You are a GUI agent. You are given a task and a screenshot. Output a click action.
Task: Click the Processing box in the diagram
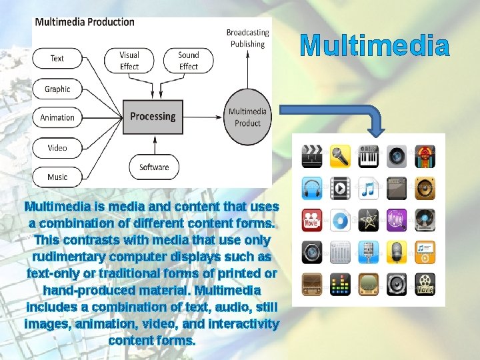(x=153, y=117)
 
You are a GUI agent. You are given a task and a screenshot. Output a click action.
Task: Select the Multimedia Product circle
(x=247, y=117)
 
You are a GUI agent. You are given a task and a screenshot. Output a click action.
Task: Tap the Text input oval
(x=57, y=59)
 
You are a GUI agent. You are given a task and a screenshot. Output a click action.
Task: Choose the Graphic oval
(x=57, y=89)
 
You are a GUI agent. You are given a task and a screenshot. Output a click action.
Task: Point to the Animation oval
(x=57, y=117)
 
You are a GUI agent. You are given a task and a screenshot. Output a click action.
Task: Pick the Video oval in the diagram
(x=57, y=147)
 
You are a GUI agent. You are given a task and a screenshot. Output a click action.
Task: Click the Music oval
(x=57, y=177)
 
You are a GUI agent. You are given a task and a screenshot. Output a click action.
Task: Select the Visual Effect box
(x=129, y=61)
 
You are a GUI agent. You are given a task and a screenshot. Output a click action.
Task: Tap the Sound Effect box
(x=189, y=61)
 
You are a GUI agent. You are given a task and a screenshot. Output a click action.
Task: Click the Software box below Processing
(x=154, y=167)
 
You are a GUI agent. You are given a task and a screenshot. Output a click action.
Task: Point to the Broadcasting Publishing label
(x=247, y=38)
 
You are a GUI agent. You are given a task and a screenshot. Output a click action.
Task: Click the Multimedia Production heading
(x=85, y=21)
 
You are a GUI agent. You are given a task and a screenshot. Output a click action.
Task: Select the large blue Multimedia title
(x=375, y=46)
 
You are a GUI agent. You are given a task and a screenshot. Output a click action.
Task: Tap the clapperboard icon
(x=312, y=157)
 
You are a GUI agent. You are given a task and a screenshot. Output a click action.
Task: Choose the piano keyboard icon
(x=369, y=157)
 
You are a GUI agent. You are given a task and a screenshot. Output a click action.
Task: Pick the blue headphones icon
(x=312, y=188)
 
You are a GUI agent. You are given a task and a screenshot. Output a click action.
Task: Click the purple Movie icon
(x=397, y=219)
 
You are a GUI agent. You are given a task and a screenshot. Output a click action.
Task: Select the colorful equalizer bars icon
(x=340, y=284)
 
